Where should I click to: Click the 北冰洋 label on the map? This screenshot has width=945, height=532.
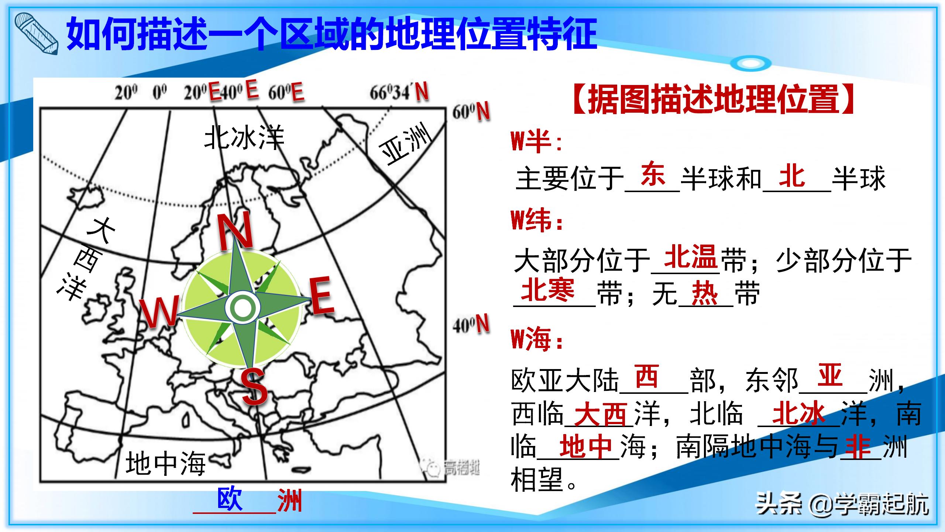point(244,137)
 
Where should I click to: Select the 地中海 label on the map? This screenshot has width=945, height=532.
point(165,464)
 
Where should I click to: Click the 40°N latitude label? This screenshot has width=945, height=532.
point(471,325)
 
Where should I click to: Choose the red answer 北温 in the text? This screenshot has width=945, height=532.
point(690,256)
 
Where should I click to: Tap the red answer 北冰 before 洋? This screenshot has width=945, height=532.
point(799,413)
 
